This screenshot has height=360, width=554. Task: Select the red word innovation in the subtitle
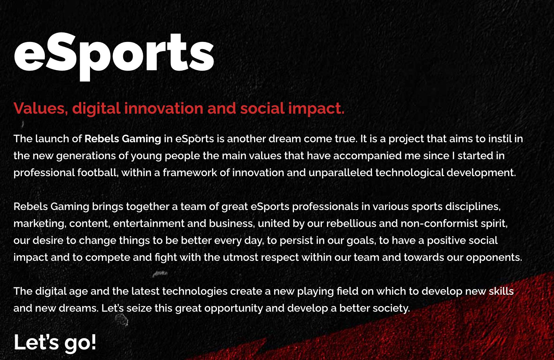click(164, 108)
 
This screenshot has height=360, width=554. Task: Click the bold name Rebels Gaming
click(123, 139)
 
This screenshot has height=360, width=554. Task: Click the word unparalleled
click(340, 173)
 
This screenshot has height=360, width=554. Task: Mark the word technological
click(410, 173)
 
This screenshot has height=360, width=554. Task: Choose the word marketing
click(40, 224)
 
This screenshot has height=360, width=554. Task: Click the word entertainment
click(149, 223)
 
